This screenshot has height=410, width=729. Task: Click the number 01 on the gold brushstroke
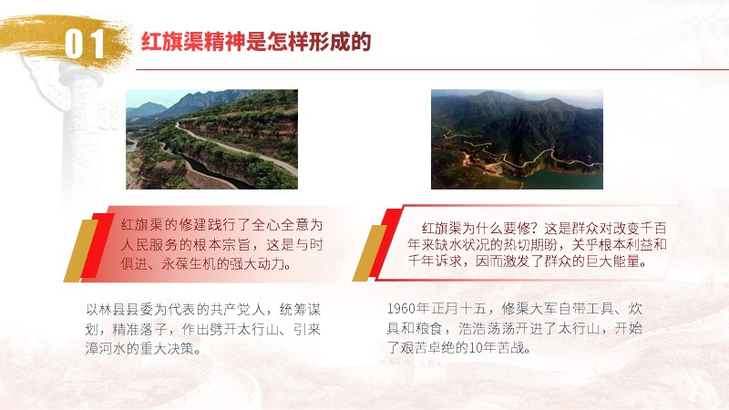[x=84, y=44]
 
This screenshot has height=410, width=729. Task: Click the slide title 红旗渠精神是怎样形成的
[x=256, y=41]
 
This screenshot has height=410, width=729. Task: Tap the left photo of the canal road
[x=212, y=139]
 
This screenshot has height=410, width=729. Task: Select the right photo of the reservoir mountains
[x=517, y=139]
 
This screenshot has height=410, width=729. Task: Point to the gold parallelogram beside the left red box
[x=81, y=251]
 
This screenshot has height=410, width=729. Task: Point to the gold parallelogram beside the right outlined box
[x=370, y=253]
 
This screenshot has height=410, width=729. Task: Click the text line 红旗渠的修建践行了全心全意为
[x=221, y=225]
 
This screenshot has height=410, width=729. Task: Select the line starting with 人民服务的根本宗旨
[x=221, y=244]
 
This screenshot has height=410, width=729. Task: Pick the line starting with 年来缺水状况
[x=537, y=244]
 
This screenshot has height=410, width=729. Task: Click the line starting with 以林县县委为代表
[x=203, y=310]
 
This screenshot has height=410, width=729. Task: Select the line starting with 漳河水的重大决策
[x=144, y=348]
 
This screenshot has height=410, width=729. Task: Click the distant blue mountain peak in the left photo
[x=148, y=108]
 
